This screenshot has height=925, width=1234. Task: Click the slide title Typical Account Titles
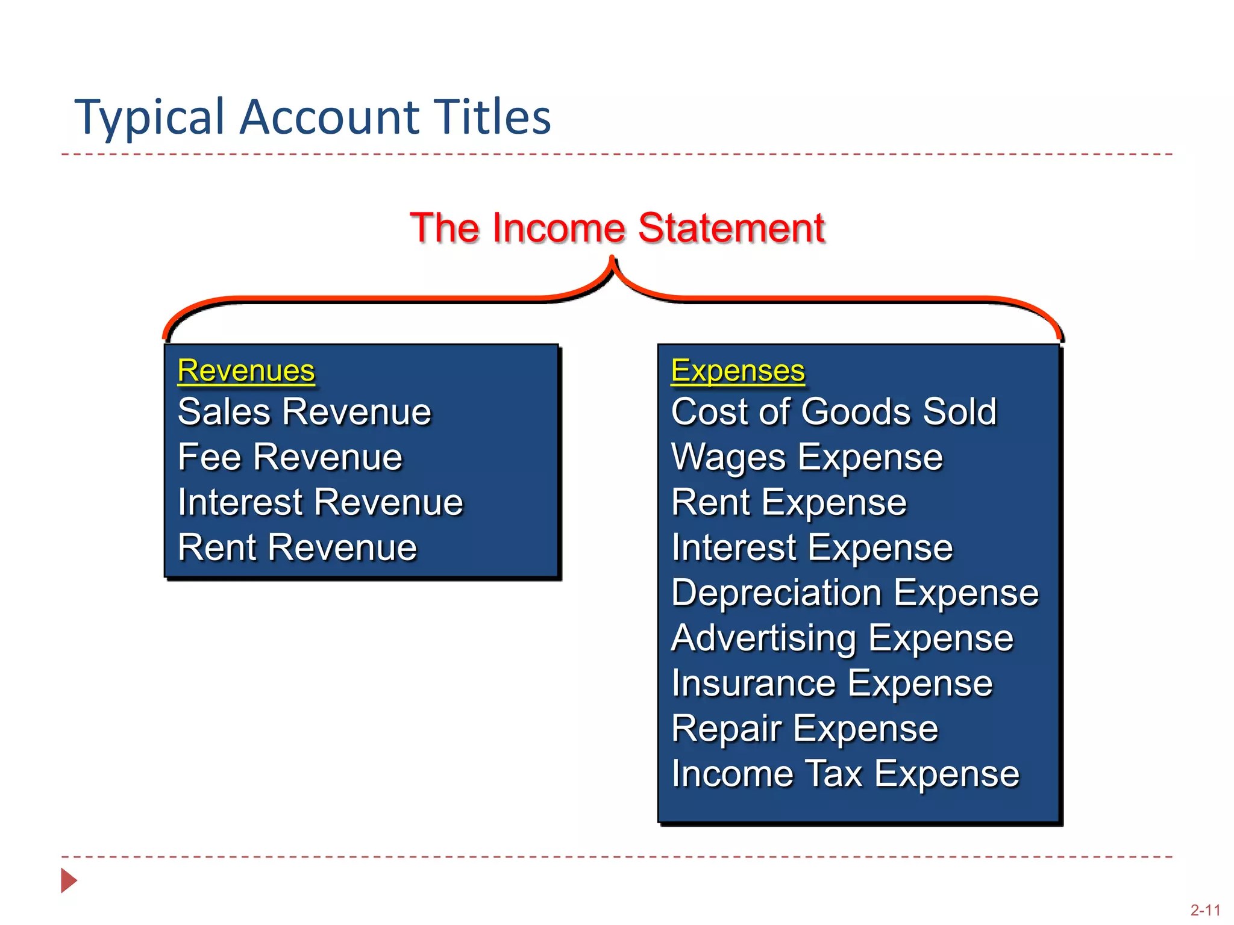(312, 116)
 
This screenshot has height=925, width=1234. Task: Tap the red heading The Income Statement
(617, 228)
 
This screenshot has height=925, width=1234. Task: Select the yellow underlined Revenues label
(246, 370)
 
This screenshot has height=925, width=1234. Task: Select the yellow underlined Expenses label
(738, 370)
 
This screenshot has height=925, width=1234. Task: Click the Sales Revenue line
(304, 412)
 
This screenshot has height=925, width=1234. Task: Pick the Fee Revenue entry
(290, 457)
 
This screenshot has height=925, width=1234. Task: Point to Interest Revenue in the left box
(320, 502)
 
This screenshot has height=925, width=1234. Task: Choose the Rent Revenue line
(297, 547)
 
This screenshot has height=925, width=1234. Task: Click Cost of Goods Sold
(834, 412)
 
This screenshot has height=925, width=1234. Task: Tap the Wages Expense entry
(807, 457)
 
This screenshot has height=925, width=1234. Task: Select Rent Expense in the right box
(789, 502)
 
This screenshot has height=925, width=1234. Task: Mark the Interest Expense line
(812, 547)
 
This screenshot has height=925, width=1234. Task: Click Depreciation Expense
(855, 593)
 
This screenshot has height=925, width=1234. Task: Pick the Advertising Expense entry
(842, 638)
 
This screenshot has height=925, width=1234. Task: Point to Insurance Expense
(832, 684)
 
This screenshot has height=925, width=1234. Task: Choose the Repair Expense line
(804, 729)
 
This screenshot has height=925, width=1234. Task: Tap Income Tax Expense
(845, 774)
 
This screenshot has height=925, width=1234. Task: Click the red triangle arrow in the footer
(69, 880)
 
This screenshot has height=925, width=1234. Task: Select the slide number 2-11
(1205, 910)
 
